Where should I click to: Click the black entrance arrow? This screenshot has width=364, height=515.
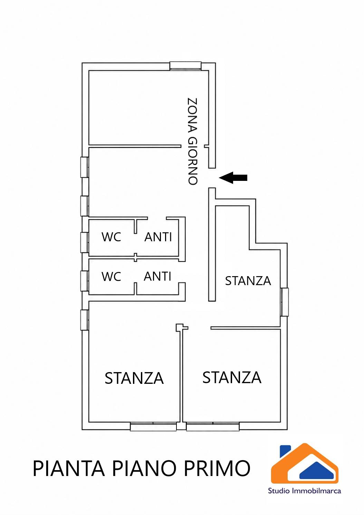(233, 178)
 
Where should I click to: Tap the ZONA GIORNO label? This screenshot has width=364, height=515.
(192, 142)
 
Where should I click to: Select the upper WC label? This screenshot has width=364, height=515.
(111, 237)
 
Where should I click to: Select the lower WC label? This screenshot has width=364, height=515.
(111, 276)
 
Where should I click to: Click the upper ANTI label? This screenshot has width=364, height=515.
(158, 237)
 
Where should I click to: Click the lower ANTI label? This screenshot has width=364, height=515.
(157, 276)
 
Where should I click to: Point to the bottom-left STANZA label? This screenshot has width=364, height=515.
(134, 378)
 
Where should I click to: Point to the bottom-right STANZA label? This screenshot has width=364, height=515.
(232, 378)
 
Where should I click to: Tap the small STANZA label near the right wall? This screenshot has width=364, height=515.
(248, 281)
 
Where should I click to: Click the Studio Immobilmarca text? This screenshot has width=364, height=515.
(304, 491)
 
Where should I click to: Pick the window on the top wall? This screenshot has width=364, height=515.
(185, 66)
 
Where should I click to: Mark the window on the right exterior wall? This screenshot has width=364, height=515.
(284, 302)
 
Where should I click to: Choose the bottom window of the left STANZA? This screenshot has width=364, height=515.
(153, 426)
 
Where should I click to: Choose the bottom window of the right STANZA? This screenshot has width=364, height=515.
(213, 426)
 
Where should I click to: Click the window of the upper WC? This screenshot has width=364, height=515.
(85, 243)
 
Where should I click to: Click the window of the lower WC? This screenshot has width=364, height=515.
(85, 281)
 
